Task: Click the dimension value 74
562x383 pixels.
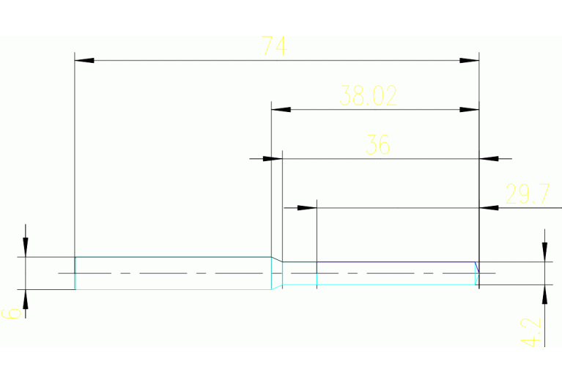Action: (274, 47)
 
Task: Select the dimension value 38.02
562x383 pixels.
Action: (369, 96)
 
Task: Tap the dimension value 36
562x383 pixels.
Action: (377, 145)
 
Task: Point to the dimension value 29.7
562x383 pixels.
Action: (528, 195)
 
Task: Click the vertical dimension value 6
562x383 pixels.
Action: (11, 313)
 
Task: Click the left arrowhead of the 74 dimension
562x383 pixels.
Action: (85, 60)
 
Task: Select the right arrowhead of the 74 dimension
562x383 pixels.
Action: (469, 60)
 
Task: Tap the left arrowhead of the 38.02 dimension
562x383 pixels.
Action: (281, 109)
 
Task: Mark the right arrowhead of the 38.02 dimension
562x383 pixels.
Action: (469, 109)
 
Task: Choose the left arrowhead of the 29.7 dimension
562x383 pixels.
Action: (306, 208)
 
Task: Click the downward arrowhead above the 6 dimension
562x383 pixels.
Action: (26, 248)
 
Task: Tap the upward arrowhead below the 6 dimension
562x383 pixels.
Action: (26, 299)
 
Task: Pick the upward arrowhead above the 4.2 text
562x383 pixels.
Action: (544, 294)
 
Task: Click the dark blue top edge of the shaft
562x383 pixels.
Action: (396, 261)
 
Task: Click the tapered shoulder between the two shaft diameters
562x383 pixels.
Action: (277, 259)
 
